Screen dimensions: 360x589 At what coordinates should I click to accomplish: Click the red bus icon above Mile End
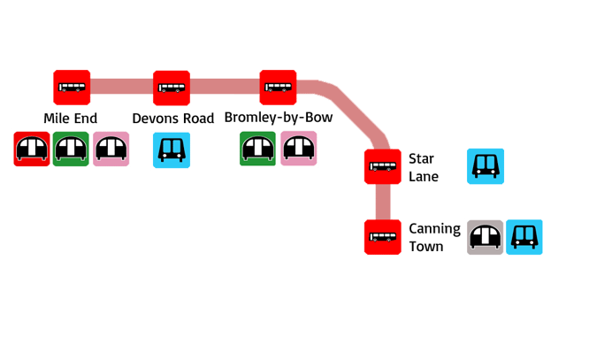[72, 87]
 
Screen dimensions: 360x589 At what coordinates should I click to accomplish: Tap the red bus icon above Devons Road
[172, 87]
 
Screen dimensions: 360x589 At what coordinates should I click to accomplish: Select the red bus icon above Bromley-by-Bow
[278, 87]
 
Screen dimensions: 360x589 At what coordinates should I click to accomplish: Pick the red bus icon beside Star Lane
[383, 166]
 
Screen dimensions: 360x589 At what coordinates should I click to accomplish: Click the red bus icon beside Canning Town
[383, 237]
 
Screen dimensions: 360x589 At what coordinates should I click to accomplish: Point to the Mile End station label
[71, 118]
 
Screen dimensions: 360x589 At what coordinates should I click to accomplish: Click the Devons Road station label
[173, 119]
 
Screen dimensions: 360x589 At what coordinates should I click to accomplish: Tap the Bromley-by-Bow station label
[279, 118]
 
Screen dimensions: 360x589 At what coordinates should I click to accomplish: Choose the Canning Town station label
[434, 237]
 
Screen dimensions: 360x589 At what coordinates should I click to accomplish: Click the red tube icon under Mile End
[32, 149]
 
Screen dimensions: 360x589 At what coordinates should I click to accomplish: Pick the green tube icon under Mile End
[72, 149]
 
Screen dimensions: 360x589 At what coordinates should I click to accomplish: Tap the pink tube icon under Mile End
[111, 149]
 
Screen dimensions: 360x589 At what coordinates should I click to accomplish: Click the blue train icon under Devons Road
[172, 150]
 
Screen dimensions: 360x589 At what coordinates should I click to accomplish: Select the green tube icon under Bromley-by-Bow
[258, 149]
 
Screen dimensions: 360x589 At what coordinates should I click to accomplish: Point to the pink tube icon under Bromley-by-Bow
[299, 149]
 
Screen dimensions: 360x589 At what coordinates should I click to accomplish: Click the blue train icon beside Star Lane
[486, 166]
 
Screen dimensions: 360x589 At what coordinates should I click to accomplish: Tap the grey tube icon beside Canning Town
[486, 237]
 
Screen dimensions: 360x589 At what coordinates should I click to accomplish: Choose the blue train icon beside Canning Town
[524, 237]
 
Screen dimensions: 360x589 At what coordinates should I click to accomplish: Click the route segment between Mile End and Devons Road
[122, 87]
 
